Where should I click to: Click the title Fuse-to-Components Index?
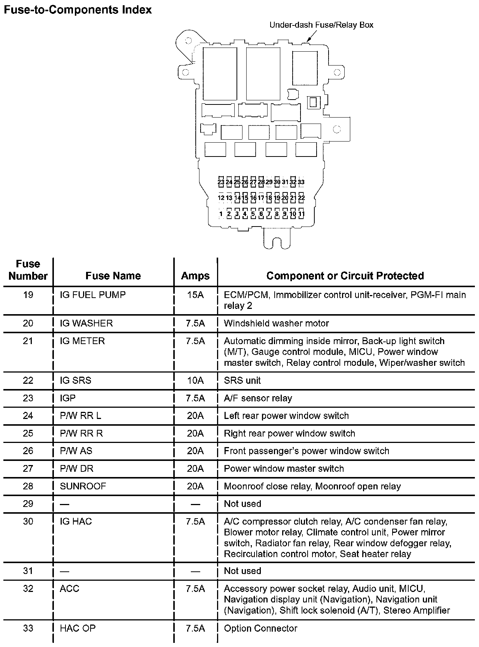tap(77, 10)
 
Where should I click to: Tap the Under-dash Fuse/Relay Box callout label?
tap(321, 25)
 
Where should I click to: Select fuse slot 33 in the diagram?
tap(301, 182)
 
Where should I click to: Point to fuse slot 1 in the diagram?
tap(221, 214)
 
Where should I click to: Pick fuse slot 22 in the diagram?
tap(301, 198)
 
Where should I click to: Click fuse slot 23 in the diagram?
tap(221, 182)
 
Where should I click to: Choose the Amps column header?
tap(195, 276)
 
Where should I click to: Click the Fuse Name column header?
tap(113, 276)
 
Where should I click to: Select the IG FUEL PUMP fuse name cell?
tap(93, 295)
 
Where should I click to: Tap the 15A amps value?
tap(195, 295)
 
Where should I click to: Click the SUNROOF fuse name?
tap(83, 486)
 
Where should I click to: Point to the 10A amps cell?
tap(195, 380)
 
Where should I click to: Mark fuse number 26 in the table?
tap(28, 451)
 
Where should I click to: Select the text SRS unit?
tap(242, 380)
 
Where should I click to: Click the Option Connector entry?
tap(260, 628)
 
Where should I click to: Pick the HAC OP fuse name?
tap(78, 628)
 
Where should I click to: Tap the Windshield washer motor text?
tap(276, 323)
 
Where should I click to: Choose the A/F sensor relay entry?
tap(258, 398)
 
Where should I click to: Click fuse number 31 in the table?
tap(28, 571)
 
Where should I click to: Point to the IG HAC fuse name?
tap(76, 521)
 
